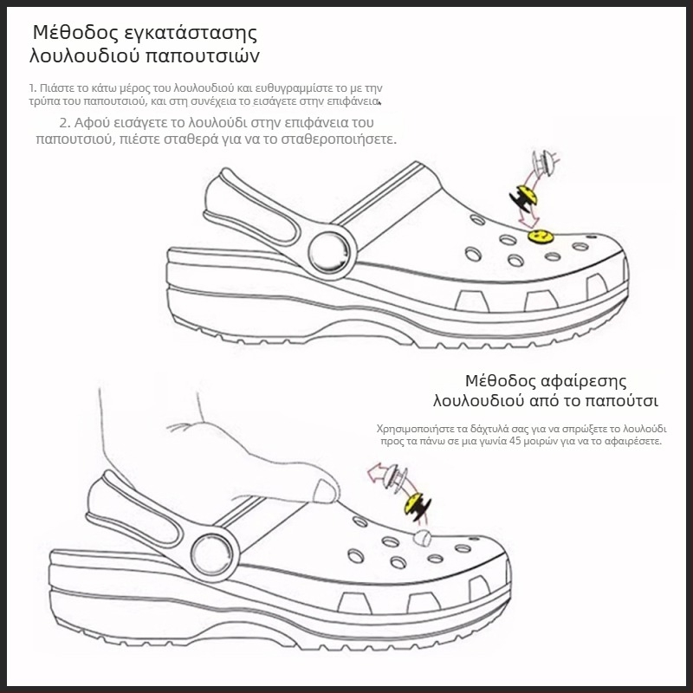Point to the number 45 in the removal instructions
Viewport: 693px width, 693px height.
click(515, 441)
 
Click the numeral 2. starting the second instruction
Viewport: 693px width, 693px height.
click(65, 122)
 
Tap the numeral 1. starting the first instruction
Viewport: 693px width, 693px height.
click(32, 88)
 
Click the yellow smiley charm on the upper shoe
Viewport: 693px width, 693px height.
click(541, 236)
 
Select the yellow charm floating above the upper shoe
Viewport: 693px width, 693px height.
click(526, 198)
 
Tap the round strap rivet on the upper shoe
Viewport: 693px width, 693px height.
click(329, 252)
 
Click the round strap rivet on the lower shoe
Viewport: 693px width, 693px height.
click(211, 554)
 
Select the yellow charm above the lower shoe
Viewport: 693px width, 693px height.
click(417, 505)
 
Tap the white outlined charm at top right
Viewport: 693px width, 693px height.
click(544, 163)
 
